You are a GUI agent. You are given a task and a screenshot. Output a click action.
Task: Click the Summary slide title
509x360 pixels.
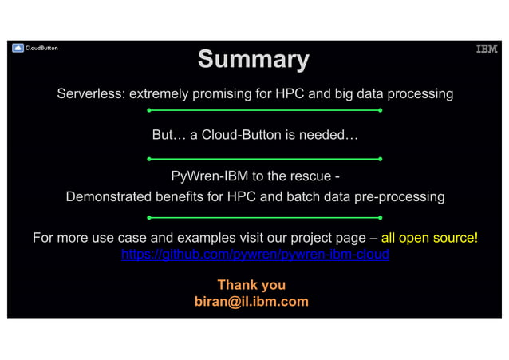click(254, 60)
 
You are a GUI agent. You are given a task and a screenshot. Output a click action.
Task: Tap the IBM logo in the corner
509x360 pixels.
click(487, 49)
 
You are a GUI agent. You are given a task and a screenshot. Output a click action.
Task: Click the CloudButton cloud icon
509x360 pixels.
click(18, 49)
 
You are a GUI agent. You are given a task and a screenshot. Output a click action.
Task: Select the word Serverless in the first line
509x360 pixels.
click(87, 94)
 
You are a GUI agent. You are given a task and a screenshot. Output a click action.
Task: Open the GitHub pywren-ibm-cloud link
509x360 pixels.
click(254, 255)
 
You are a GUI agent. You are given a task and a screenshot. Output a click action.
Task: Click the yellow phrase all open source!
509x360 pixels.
click(429, 238)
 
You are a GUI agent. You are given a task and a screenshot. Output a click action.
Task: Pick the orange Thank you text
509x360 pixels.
click(251, 285)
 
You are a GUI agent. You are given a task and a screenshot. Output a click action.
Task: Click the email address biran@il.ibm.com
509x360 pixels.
click(251, 302)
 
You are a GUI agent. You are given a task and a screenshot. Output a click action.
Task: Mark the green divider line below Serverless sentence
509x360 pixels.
click(265, 110)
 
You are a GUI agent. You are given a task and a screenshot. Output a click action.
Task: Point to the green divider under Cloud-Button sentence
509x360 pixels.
click(265, 159)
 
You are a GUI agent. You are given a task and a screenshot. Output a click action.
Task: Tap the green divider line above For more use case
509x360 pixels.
click(265, 217)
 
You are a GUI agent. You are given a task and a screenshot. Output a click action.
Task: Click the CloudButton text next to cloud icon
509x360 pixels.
click(42, 49)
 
